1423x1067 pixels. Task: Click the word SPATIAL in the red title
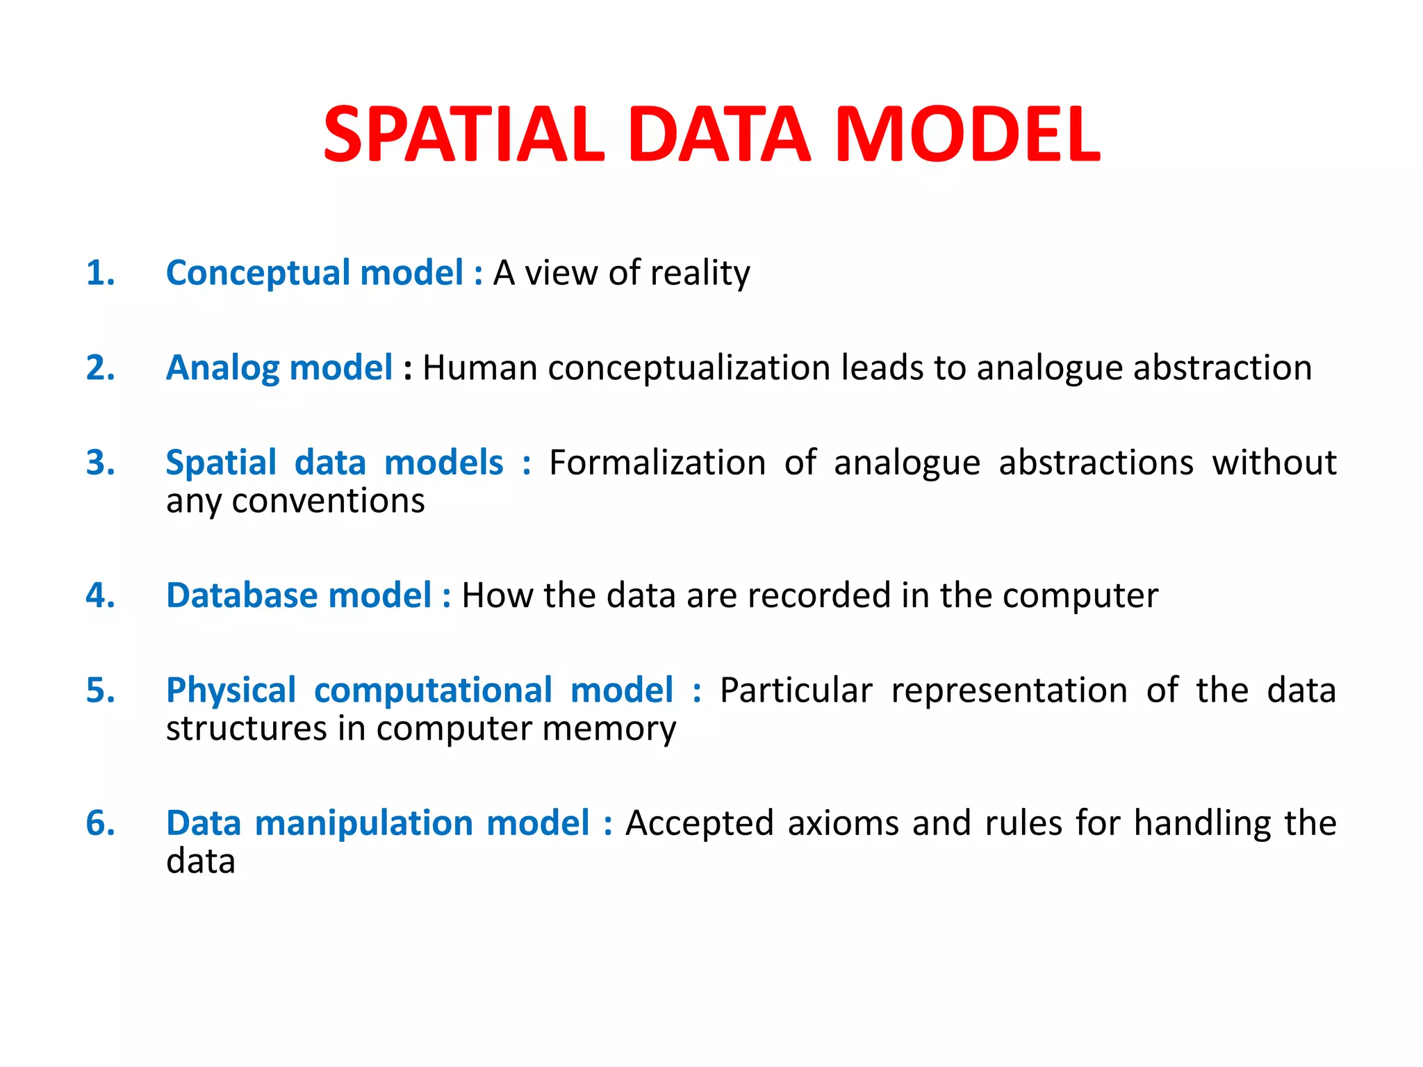coord(464,134)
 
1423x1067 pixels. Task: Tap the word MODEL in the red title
coord(967,134)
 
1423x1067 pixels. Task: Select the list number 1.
coord(100,272)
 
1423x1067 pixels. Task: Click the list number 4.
coord(100,595)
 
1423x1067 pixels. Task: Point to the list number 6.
coord(100,823)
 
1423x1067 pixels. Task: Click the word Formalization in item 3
coord(657,463)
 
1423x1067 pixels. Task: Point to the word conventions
coord(328,501)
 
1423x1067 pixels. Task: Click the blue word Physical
coord(231,691)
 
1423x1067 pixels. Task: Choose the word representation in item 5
coord(1009,691)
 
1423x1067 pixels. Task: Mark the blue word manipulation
coord(364,824)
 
